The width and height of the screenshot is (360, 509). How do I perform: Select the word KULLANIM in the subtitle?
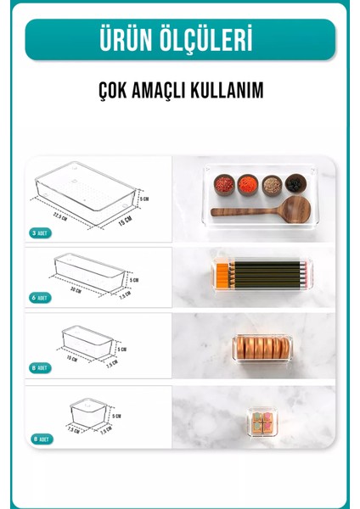tap(220, 90)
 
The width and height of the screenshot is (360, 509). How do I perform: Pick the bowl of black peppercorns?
tap(295, 182)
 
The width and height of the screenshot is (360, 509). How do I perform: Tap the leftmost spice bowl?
tap(223, 182)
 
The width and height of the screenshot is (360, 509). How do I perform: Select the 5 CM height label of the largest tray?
tap(145, 199)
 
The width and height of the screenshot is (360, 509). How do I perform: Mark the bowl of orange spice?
tap(247, 182)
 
